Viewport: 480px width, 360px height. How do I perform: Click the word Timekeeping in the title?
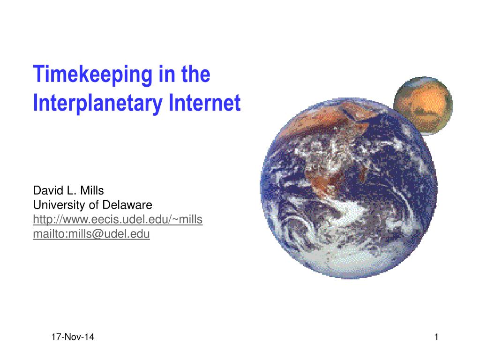click(92, 75)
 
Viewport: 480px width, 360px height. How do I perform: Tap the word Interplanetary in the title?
click(97, 103)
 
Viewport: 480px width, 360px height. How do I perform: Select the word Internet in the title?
click(204, 103)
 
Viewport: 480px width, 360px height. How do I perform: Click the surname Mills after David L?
click(92, 190)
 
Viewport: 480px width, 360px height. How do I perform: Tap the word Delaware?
click(127, 205)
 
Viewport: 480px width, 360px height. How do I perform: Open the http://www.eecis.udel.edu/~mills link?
click(118, 219)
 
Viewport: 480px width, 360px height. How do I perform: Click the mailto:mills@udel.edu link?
click(91, 234)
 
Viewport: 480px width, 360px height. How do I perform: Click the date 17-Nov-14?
click(73, 337)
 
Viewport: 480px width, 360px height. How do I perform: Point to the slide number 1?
click(436, 337)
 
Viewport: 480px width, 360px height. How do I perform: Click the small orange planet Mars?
click(423, 105)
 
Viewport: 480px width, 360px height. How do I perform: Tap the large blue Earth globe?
click(349, 188)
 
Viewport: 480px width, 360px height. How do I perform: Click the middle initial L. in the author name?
click(70, 190)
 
